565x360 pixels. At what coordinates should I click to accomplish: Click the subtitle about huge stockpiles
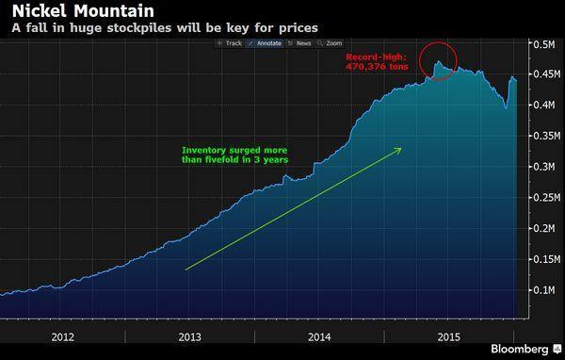(x=164, y=28)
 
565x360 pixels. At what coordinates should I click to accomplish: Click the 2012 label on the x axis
(x=63, y=335)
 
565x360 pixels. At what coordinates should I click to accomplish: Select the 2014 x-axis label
(x=320, y=335)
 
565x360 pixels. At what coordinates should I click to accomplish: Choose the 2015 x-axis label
(x=448, y=335)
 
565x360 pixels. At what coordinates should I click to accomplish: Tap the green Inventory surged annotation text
(x=234, y=155)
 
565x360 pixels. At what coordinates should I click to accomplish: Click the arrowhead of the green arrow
(x=399, y=149)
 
